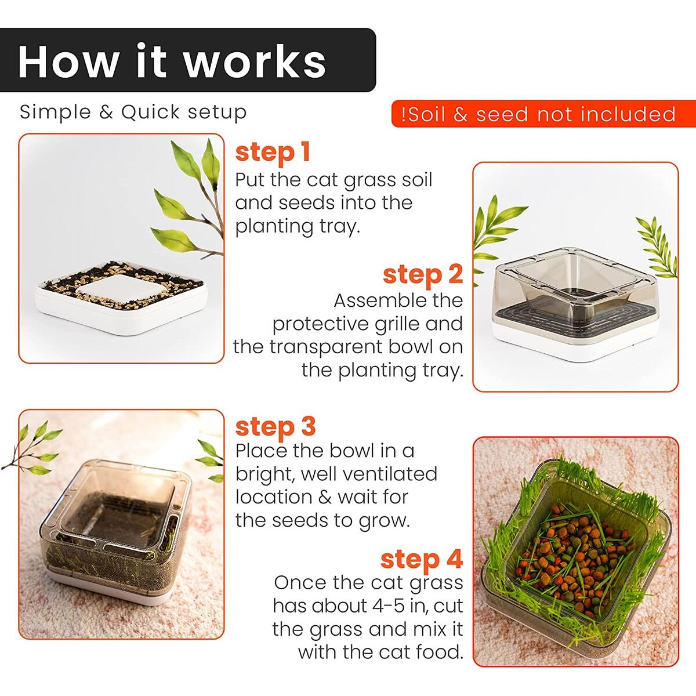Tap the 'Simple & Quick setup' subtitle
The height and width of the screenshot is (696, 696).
tap(133, 112)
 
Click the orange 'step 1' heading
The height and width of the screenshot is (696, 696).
tap(273, 152)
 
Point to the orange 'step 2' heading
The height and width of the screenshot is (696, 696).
tap(423, 274)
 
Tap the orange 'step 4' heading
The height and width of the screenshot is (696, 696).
tap(422, 559)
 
